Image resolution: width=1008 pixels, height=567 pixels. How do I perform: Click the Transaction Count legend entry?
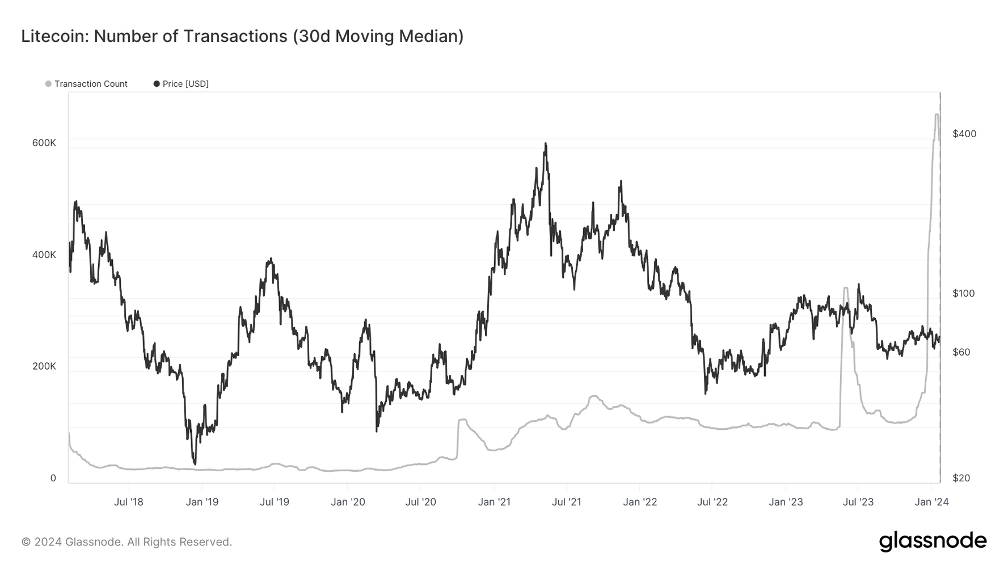(x=91, y=84)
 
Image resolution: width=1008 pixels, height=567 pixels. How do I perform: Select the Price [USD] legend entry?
(x=185, y=84)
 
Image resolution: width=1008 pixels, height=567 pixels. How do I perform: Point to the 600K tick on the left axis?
(x=44, y=143)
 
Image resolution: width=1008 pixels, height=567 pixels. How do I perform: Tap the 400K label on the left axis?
(x=44, y=255)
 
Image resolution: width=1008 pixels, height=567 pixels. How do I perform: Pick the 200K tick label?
(x=44, y=366)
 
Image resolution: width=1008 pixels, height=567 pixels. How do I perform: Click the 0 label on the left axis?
(x=53, y=478)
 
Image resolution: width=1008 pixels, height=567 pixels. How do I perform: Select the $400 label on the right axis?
(x=964, y=134)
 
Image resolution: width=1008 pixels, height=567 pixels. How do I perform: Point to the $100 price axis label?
(x=964, y=293)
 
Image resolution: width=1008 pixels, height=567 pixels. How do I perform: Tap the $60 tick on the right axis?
(x=961, y=352)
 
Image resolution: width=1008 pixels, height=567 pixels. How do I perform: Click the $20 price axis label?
(x=961, y=478)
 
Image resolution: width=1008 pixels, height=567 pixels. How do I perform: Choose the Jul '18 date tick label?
(x=129, y=502)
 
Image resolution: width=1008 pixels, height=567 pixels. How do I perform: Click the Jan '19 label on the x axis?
(x=202, y=502)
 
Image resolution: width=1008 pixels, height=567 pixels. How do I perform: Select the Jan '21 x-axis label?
(x=494, y=502)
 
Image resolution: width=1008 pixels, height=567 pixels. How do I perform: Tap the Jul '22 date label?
(x=712, y=502)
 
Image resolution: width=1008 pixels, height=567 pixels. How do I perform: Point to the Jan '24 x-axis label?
(x=931, y=502)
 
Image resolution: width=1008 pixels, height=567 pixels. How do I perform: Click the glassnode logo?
(x=933, y=541)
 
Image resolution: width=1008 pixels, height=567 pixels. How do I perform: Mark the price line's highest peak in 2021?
(x=546, y=144)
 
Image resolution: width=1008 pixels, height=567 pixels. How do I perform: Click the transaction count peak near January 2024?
(x=936, y=115)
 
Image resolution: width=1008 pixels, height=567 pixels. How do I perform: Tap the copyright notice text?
(x=126, y=542)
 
